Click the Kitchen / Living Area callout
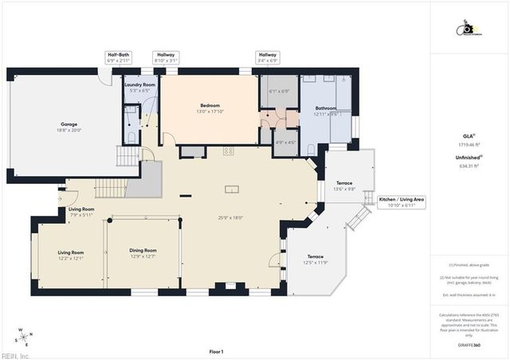[x=401, y=202]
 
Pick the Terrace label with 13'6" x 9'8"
[x=344, y=186]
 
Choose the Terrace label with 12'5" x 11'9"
[x=315, y=259]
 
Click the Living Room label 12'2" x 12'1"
[x=71, y=255]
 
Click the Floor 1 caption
[x=215, y=351]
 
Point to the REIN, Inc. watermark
[x=15, y=356]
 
